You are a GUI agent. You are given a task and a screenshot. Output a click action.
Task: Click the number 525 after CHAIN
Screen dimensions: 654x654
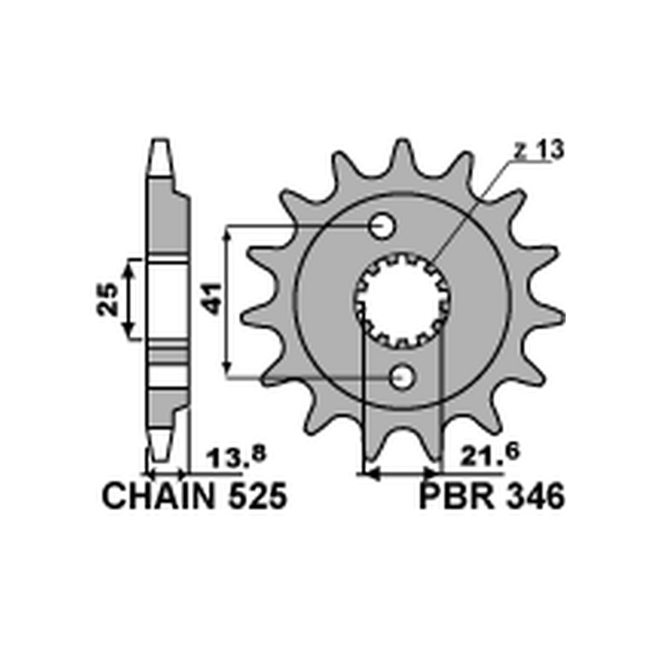(254, 497)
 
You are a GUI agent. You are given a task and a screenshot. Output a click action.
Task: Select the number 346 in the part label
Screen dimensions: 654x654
(532, 497)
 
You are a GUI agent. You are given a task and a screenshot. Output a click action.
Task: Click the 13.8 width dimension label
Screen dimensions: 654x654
(232, 458)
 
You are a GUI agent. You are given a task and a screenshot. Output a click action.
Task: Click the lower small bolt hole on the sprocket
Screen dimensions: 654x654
(401, 377)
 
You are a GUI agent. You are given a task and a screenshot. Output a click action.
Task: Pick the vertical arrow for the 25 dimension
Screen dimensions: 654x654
(128, 299)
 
